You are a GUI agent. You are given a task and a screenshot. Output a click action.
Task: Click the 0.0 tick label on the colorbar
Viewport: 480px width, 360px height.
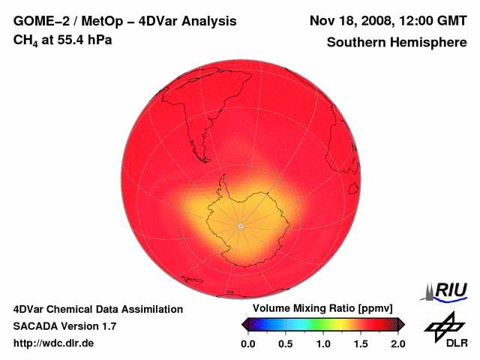248,343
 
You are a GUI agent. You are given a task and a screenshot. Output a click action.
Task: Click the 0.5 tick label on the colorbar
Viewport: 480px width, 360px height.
286,343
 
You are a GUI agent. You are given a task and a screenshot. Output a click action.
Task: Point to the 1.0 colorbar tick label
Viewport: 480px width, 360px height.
323,343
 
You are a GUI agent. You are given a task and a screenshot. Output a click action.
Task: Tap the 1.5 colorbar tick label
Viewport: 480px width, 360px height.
361,343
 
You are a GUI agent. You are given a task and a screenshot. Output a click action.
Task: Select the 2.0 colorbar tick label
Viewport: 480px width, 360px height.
397,343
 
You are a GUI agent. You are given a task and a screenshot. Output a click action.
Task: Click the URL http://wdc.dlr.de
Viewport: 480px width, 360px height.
54,343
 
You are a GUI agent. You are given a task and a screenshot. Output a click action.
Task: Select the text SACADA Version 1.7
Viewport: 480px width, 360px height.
64,326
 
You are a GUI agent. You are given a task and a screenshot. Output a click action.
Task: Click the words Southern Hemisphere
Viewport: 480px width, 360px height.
397,43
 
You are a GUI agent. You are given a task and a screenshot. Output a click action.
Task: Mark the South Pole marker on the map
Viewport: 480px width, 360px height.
240,226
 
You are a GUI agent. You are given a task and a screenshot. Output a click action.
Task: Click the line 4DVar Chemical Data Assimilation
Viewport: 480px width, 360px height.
98,309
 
